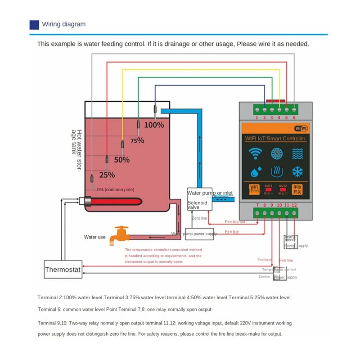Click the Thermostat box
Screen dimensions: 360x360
[x=63, y=270]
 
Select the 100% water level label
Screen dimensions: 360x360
[x=154, y=125]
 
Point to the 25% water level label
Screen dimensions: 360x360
[x=107, y=175]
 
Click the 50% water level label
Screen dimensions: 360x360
[x=121, y=160]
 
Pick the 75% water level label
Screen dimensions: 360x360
[x=137, y=140]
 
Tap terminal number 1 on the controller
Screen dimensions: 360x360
[x=257, y=117]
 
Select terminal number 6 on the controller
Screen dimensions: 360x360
[x=294, y=117]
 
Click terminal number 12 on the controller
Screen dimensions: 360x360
[x=294, y=206]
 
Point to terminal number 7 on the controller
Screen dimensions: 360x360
[x=257, y=206]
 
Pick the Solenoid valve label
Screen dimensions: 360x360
[x=198, y=205]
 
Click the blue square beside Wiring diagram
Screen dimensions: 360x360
[x=34, y=25]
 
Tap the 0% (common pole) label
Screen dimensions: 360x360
[x=116, y=189]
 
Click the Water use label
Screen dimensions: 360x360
[x=94, y=237]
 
